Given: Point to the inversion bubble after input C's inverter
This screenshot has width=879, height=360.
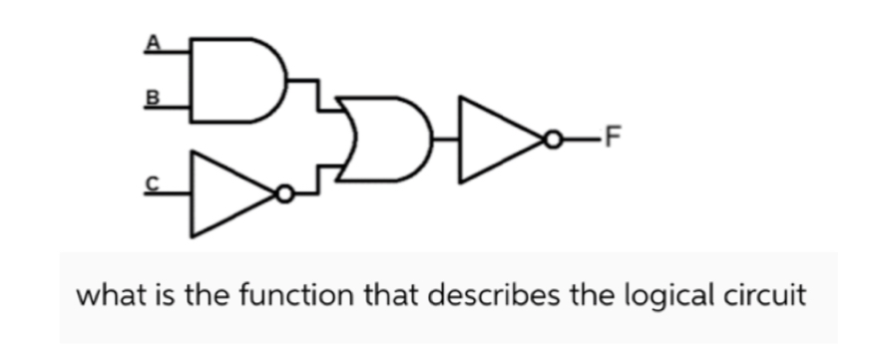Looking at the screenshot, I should click(x=286, y=194).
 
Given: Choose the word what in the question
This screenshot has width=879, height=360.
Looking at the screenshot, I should click(x=106, y=296).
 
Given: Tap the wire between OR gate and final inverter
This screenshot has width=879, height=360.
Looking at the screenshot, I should click(x=446, y=141).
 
